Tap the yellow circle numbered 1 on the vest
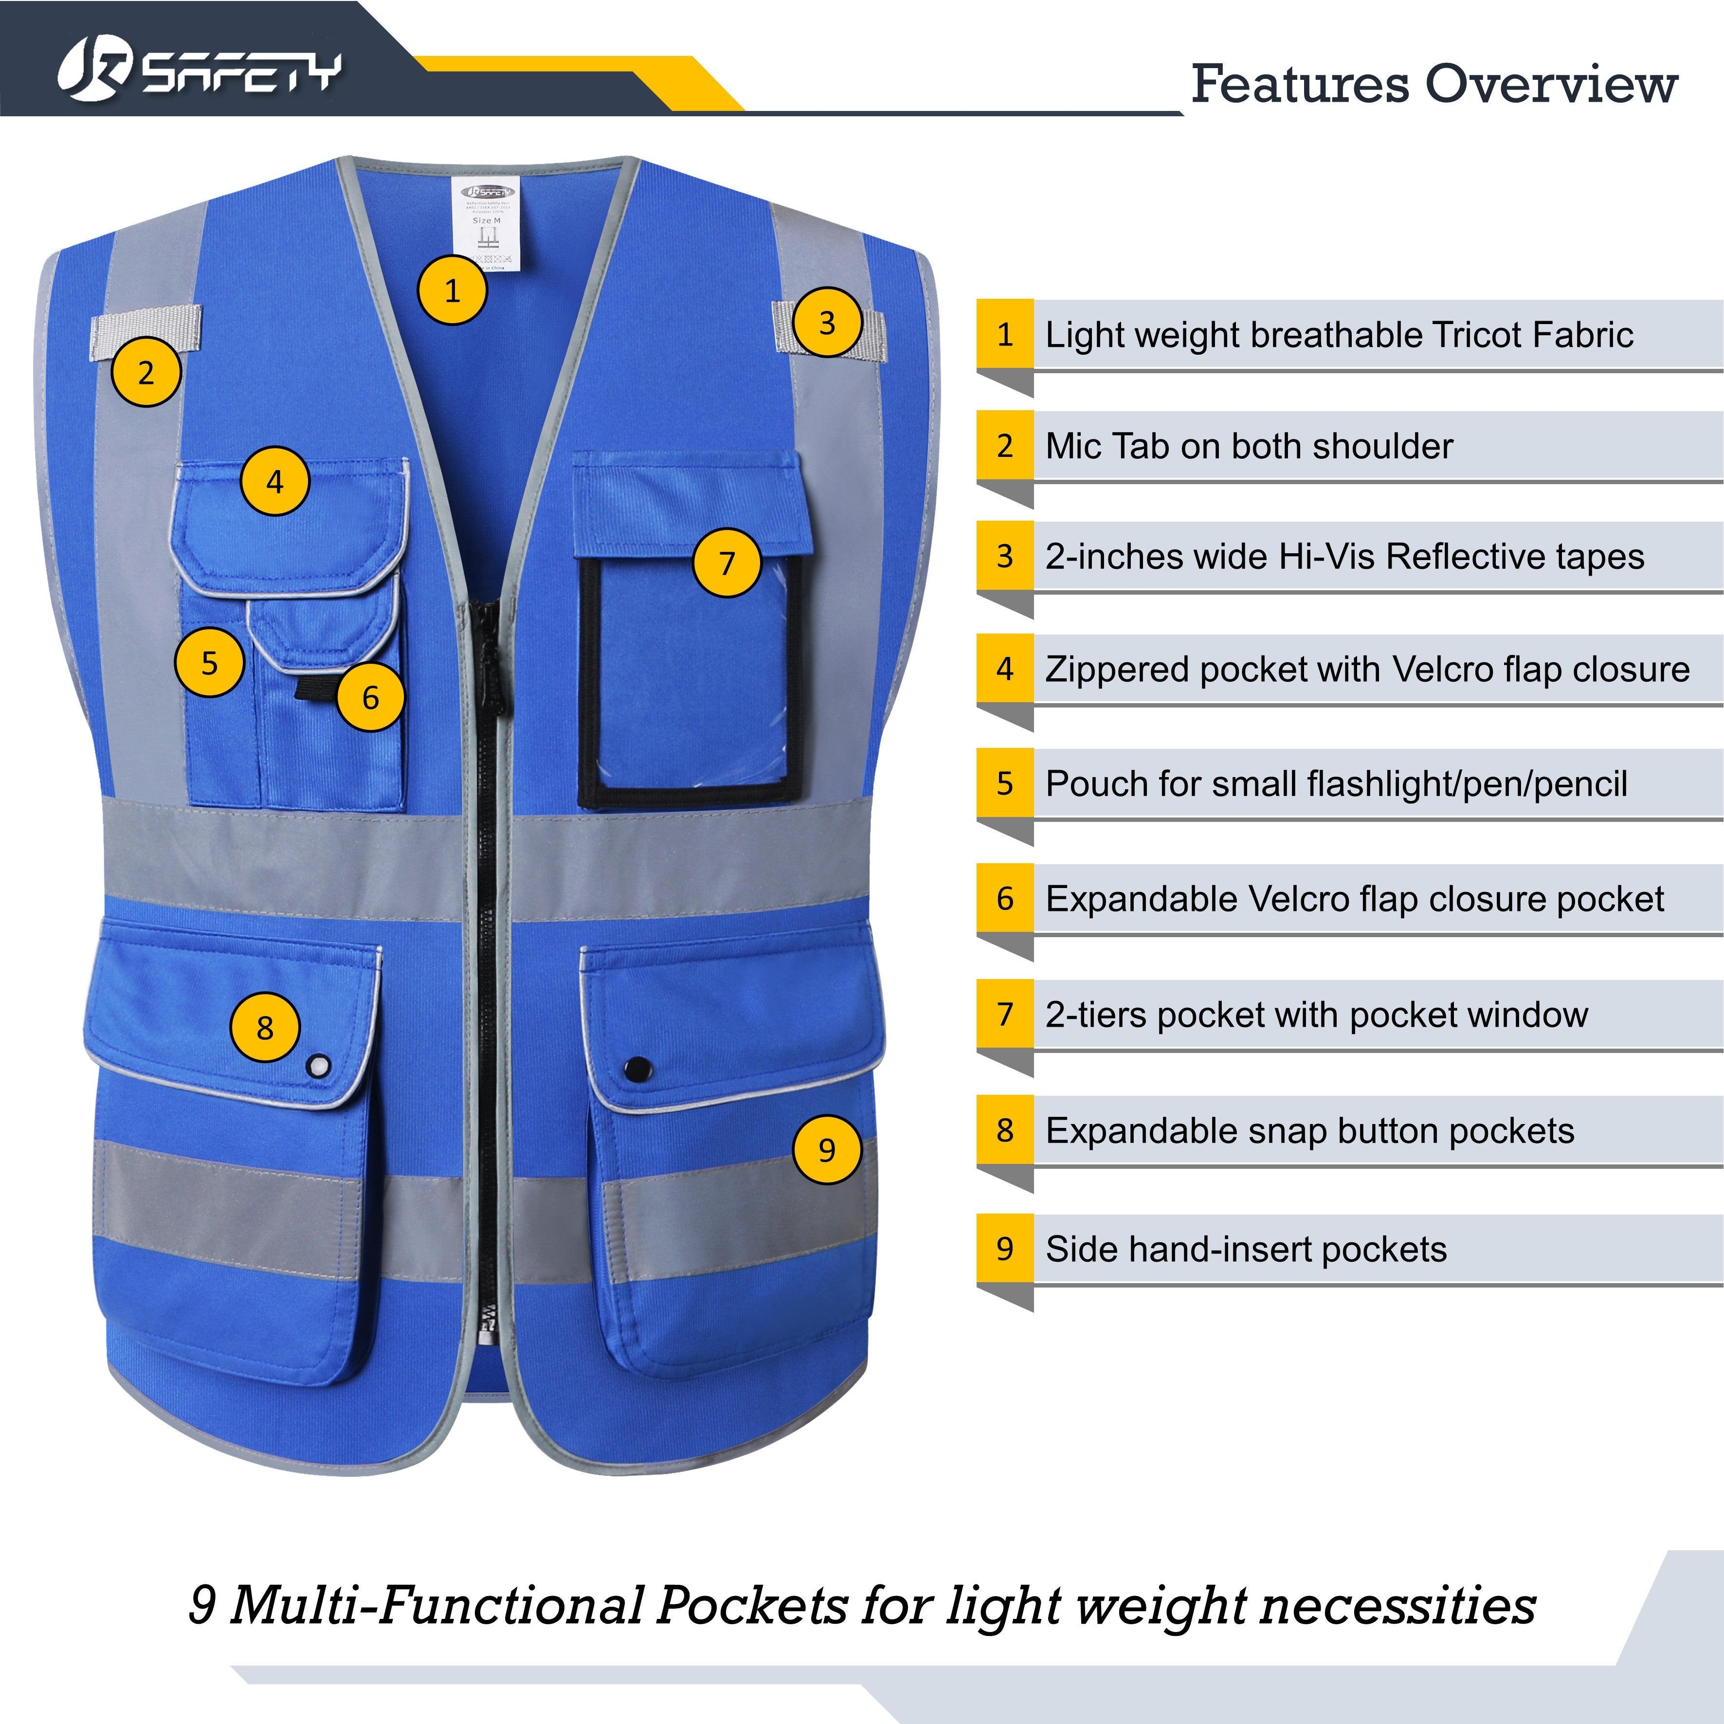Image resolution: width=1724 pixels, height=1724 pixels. click(x=453, y=290)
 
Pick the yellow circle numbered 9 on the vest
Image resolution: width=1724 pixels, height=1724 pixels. click(x=827, y=1149)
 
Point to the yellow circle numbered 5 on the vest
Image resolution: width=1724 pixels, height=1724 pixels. click(x=210, y=662)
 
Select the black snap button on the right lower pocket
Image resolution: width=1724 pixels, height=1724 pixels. click(x=637, y=1068)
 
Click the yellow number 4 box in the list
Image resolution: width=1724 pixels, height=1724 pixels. click(x=1005, y=669)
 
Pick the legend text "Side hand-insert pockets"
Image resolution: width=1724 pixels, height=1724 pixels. click(x=1246, y=1249)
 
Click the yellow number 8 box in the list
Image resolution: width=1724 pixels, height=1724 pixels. click(x=1005, y=1130)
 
